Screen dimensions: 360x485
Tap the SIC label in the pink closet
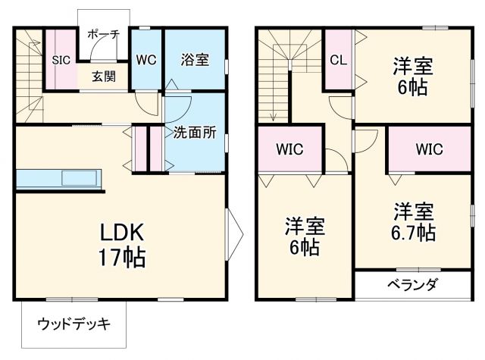(x=61, y=58)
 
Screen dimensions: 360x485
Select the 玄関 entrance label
(x=104, y=76)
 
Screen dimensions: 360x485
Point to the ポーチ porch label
(x=103, y=34)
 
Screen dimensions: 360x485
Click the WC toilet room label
(x=146, y=59)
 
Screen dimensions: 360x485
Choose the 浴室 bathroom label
(x=195, y=59)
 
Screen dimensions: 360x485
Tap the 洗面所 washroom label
(x=195, y=132)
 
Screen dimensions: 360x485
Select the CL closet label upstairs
(x=339, y=59)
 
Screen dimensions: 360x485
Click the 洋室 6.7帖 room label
(x=413, y=221)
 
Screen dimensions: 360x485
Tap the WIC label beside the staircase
(x=290, y=149)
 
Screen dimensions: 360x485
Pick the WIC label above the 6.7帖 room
(x=428, y=149)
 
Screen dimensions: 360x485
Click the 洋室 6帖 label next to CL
(x=412, y=75)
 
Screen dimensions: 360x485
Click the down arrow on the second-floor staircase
(x=271, y=114)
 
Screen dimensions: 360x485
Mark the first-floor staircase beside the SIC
(x=29, y=76)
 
